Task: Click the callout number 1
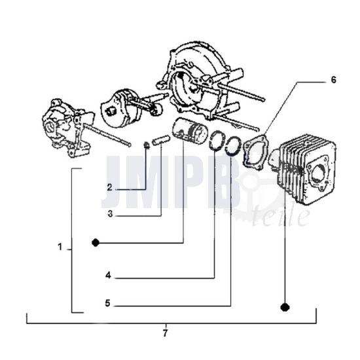click(60, 247)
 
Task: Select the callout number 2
click(110, 188)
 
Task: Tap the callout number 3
click(110, 214)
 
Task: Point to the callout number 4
click(109, 275)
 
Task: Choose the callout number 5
click(108, 303)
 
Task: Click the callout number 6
click(333, 80)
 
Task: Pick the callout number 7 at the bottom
click(166, 333)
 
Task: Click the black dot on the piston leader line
click(96, 243)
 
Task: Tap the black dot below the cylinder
click(285, 307)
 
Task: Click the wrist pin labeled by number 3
click(161, 140)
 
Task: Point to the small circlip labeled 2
click(146, 145)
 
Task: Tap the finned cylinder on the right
click(304, 170)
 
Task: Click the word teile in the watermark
click(281, 215)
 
